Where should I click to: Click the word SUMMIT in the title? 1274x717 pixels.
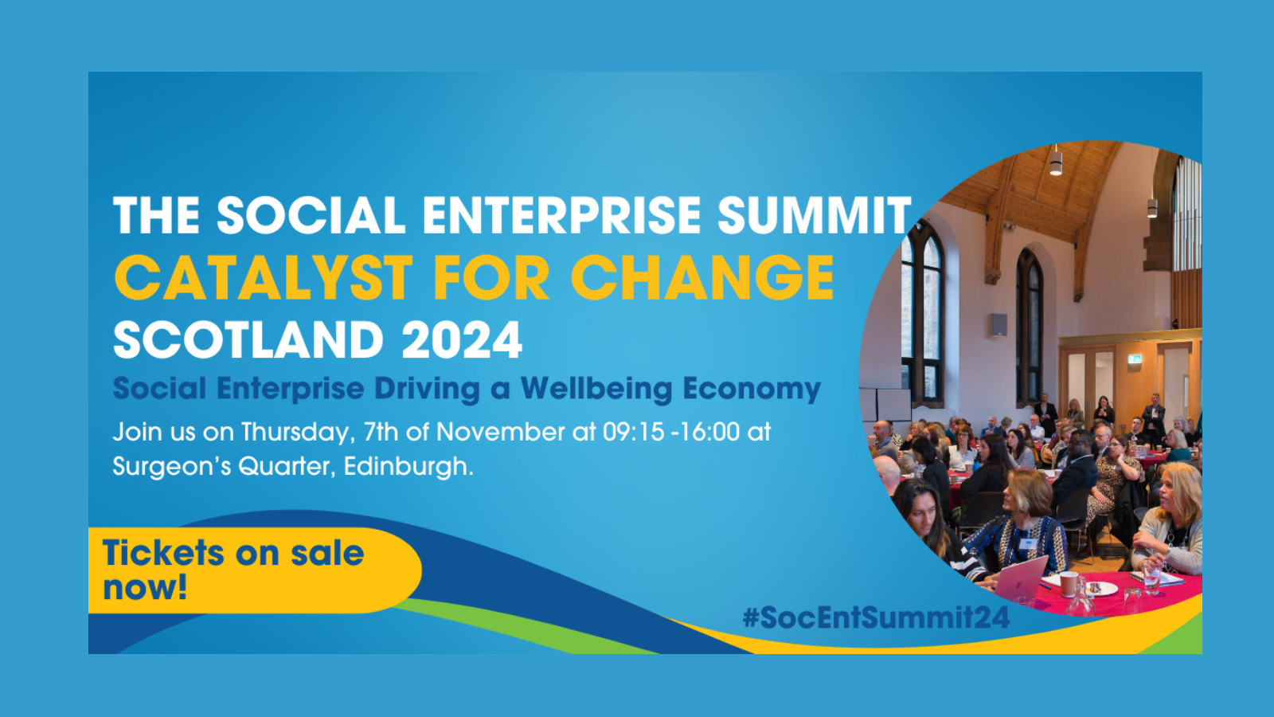pyautogui.click(x=815, y=214)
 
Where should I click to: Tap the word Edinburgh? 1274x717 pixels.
pyautogui.click(x=408, y=467)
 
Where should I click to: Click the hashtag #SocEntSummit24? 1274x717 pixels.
pyautogui.click(x=876, y=618)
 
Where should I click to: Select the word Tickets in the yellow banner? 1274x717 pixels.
pyautogui.click(x=163, y=553)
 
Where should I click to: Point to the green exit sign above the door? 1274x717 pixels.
pyautogui.click(x=1135, y=358)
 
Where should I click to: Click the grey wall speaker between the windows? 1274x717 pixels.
pyautogui.click(x=998, y=324)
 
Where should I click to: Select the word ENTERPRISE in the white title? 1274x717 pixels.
pyautogui.click(x=561, y=214)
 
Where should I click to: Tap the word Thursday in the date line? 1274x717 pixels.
pyautogui.click(x=298, y=433)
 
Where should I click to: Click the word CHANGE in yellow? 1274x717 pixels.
pyautogui.click(x=701, y=277)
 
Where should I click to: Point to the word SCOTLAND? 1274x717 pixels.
pyautogui.click(x=248, y=339)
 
